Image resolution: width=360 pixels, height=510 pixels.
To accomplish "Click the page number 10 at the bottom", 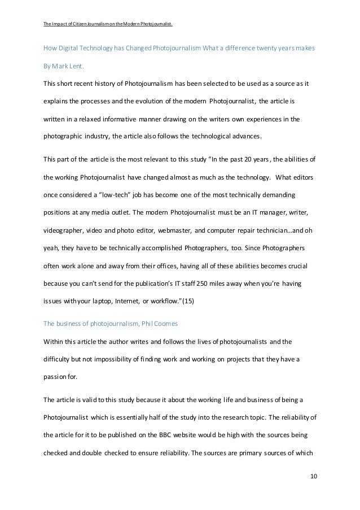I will click(314, 476).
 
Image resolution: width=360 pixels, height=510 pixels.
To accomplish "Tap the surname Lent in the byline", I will click(76, 66).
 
